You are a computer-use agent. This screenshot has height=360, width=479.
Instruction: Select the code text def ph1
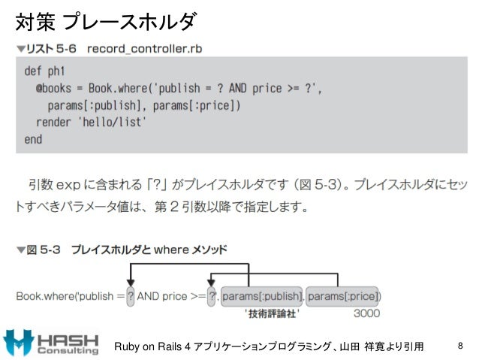tap(43, 72)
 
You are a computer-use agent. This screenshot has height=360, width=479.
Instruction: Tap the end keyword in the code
tap(33, 139)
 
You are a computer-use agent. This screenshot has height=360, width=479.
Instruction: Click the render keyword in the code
tap(53, 122)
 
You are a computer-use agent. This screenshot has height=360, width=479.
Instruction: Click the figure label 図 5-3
tap(43, 249)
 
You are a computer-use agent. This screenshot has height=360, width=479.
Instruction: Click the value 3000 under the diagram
tap(366, 313)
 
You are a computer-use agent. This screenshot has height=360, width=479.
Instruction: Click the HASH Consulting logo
tap(51, 343)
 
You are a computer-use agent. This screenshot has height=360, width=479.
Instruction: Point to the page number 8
tap(460, 346)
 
